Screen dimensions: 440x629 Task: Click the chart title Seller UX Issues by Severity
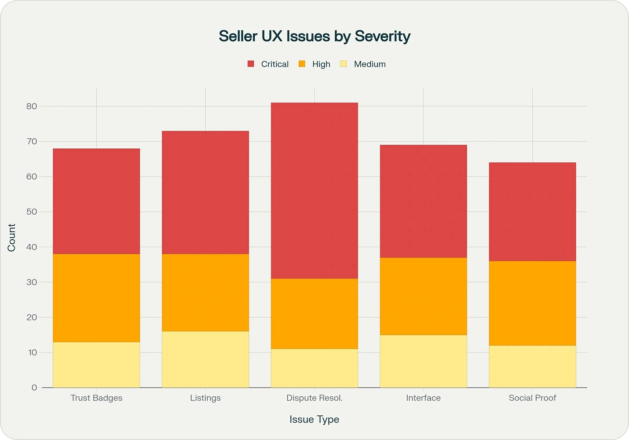[314, 36]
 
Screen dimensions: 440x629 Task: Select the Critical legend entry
[268, 64]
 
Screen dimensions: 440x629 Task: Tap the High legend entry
[315, 64]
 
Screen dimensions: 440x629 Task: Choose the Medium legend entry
[363, 64]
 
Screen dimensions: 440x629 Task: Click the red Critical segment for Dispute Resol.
[314, 191]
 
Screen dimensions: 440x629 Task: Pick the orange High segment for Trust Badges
[96, 298]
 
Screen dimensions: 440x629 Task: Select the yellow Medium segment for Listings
[205, 359]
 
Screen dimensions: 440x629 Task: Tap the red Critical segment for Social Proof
[532, 212]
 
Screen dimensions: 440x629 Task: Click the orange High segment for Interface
[423, 296]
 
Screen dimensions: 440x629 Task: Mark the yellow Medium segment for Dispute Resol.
[314, 368]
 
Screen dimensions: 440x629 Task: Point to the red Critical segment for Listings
[205, 192]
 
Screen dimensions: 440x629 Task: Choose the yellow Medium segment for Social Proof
[532, 367]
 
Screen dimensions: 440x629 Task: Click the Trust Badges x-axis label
[96, 398]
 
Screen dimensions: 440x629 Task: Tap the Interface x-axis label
[423, 398]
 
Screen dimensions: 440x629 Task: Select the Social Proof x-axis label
[532, 398]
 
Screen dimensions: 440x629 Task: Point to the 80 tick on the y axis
[32, 106]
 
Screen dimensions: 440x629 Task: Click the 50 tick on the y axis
[32, 212]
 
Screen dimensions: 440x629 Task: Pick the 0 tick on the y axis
[34, 388]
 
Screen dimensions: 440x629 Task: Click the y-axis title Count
[11, 238]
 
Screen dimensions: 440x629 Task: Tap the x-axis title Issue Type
[314, 420]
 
